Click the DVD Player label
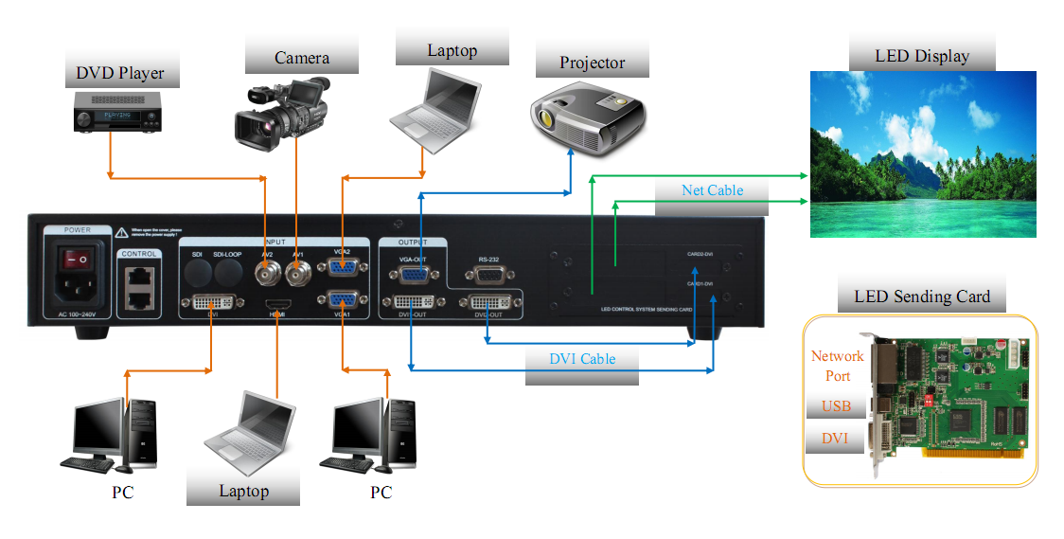[120, 73]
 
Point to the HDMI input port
[277, 305]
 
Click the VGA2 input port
[341, 272]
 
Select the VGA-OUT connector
[414, 274]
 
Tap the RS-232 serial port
[488, 275]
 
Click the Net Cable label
[712, 190]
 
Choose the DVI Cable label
[582, 359]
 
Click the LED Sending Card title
[922, 297]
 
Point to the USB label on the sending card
[836, 406]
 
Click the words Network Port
[837, 366]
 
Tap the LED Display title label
[921, 56]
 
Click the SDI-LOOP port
[228, 274]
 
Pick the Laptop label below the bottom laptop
[243, 491]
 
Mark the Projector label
[592, 63]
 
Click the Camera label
[302, 58]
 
